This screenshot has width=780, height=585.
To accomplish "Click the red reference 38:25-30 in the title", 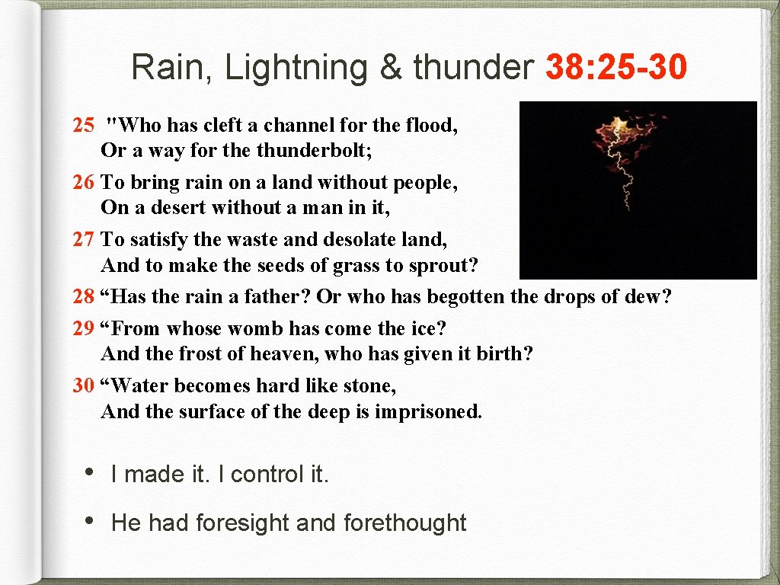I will pos(616,67).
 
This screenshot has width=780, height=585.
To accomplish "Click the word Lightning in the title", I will pos(296,67).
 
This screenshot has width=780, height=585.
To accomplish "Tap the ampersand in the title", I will pos(390,67).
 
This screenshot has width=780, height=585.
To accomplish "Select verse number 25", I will pos(83,125).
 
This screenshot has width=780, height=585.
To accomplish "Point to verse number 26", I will pos(83,182).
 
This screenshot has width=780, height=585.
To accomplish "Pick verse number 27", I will pos(83,239).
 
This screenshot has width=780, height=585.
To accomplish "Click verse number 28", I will pos(83,296).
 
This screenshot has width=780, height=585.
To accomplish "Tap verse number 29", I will pos(83,329).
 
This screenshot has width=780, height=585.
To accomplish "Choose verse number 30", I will pos(83,386).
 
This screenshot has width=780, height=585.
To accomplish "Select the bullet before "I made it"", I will pos(90,472).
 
